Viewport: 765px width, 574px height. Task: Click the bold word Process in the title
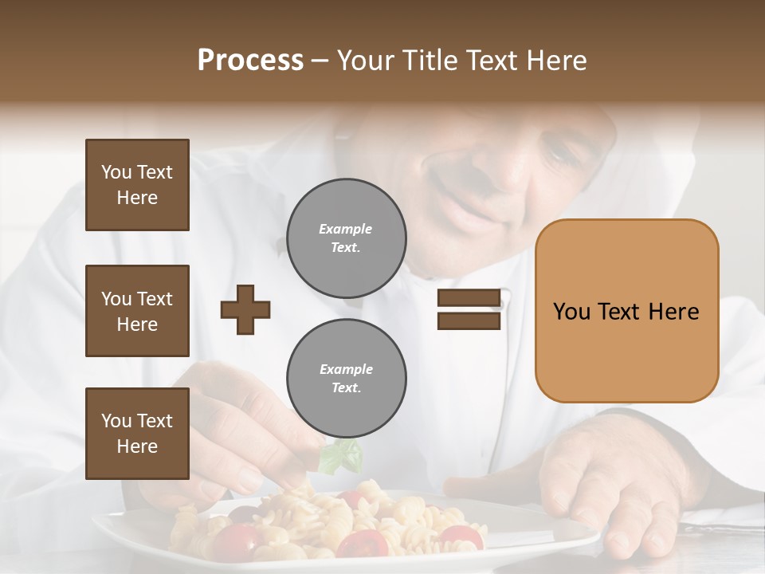[x=250, y=61]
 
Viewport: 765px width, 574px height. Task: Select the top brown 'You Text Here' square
[x=137, y=185]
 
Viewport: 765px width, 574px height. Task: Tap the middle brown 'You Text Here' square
[x=137, y=311]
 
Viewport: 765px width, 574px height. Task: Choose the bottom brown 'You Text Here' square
[x=137, y=434]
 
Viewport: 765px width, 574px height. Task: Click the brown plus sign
[x=245, y=309]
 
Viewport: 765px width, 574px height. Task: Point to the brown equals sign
[x=469, y=309]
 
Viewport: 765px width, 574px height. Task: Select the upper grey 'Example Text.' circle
[x=347, y=238]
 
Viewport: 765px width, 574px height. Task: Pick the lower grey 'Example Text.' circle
[x=347, y=378]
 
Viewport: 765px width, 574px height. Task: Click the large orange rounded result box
[x=626, y=311]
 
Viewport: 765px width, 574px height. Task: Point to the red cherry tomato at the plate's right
[x=461, y=537]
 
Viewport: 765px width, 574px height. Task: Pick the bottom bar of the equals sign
[x=469, y=320]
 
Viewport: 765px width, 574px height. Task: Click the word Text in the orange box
[x=621, y=312]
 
